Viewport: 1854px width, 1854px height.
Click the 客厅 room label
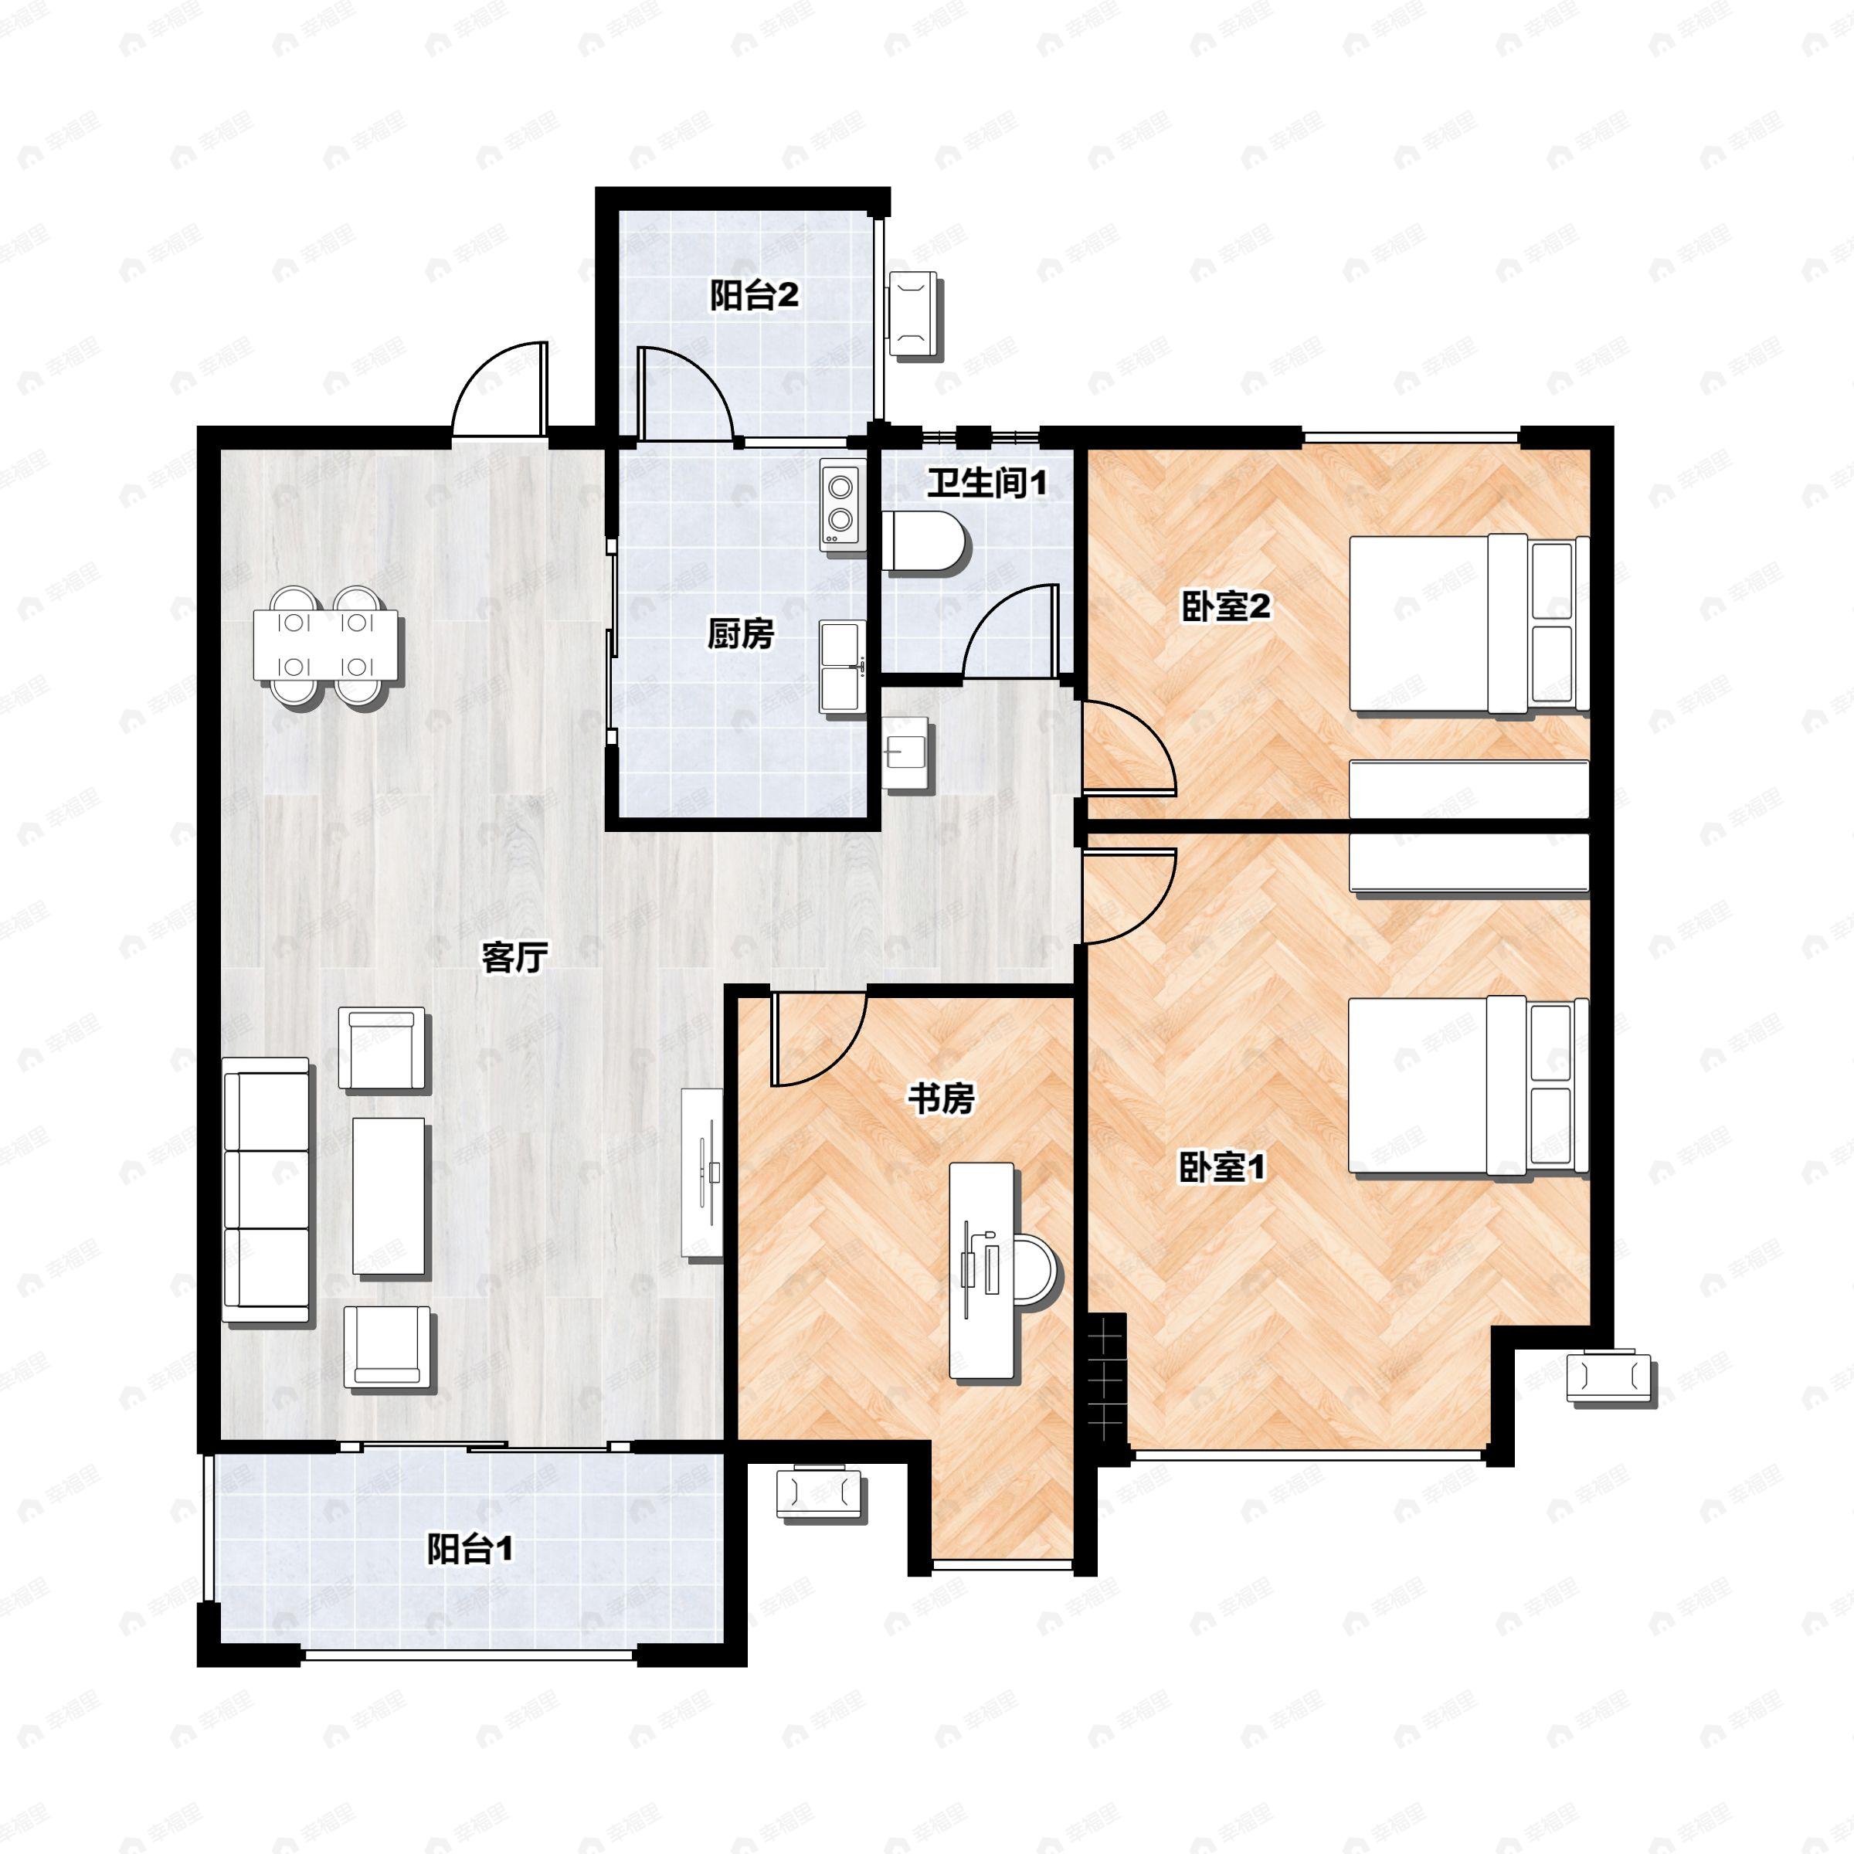coord(514,957)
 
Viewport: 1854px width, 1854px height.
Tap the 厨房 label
coord(740,633)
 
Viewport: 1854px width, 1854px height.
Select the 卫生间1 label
coord(986,483)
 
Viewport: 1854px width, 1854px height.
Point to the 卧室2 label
coord(1225,606)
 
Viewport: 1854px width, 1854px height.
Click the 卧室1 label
coord(1223,1167)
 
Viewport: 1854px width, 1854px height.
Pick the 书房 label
coord(940,1098)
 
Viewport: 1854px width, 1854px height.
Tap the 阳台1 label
coord(470,1549)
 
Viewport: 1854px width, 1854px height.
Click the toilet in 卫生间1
coord(925,543)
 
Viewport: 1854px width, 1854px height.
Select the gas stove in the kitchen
coord(840,504)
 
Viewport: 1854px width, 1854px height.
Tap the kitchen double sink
coord(841,666)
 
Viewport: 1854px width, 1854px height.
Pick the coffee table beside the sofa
coord(389,1197)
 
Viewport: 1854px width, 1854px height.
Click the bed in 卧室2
coord(1469,623)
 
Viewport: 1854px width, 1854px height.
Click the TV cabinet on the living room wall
coord(702,1173)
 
